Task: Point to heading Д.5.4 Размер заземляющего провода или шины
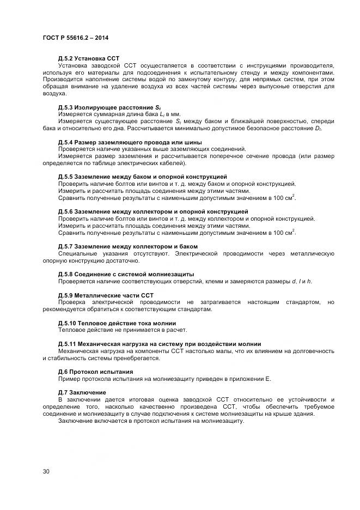126,142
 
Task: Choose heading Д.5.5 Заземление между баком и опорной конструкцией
143,177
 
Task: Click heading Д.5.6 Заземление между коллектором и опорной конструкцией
153,211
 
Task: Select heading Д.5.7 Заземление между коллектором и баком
127,246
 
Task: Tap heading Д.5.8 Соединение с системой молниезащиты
126,274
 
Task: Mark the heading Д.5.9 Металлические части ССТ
106,295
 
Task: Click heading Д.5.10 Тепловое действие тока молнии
118,323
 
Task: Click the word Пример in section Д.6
69,379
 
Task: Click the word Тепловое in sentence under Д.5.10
72,330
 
